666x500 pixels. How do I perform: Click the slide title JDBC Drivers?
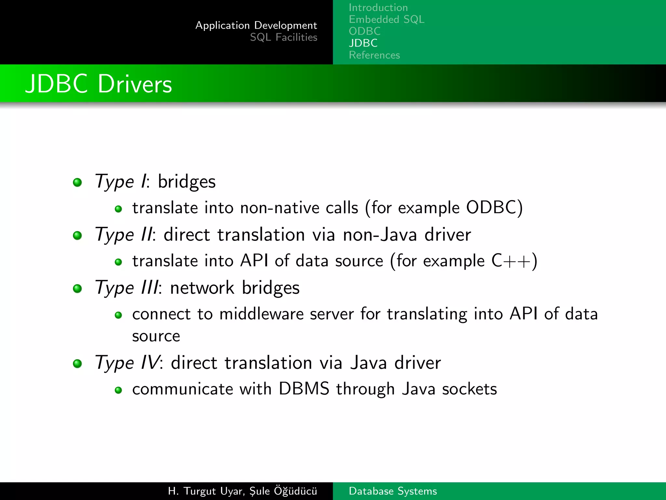(99, 84)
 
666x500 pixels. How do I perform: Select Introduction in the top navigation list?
(378, 7)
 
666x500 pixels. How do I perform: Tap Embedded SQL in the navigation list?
(387, 20)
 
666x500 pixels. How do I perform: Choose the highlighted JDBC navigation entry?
(363, 43)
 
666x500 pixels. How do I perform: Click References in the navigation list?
(374, 55)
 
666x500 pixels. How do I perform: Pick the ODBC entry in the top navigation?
(365, 31)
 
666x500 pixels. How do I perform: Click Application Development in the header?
(256, 25)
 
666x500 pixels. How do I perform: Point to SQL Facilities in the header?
(284, 37)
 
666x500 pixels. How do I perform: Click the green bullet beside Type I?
(77, 182)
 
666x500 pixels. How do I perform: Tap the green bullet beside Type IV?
(77, 363)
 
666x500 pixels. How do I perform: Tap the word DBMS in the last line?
(304, 389)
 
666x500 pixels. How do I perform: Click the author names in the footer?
(242, 491)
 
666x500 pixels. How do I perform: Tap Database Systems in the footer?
(393, 491)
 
